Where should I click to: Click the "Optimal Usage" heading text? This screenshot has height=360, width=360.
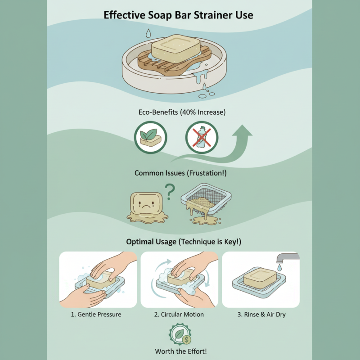(151, 242)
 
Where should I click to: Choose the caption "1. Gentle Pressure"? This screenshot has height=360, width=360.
(96, 314)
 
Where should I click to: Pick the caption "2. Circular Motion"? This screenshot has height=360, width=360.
(179, 314)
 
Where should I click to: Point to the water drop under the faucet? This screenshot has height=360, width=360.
(280, 268)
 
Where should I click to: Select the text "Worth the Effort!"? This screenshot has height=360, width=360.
(180, 351)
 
